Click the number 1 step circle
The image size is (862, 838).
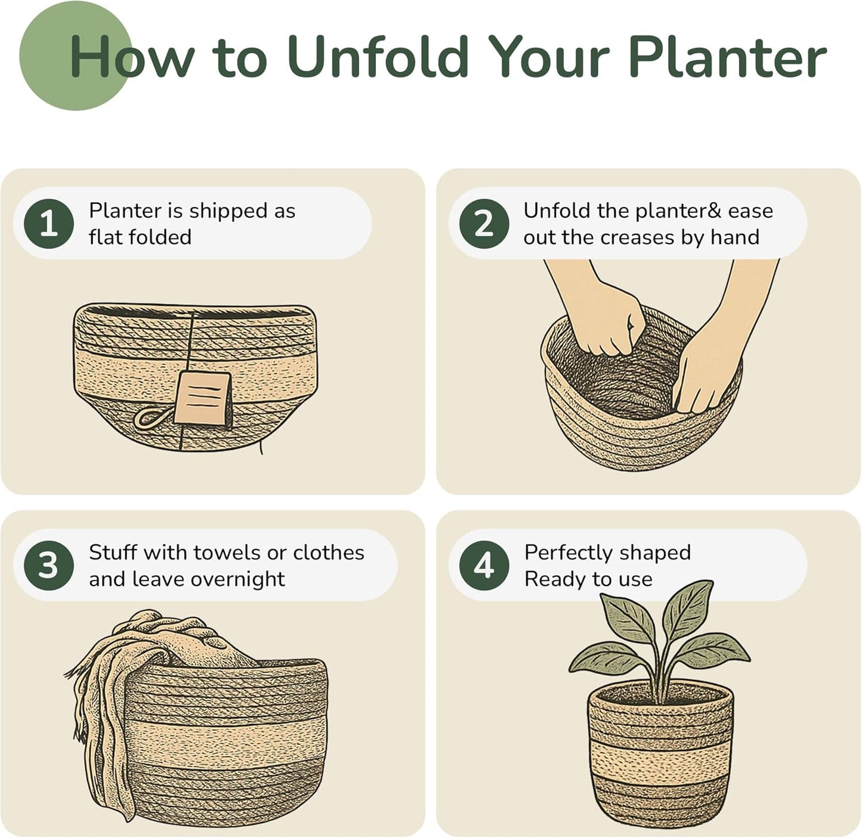click(x=49, y=224)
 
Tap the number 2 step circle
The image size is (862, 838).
click(x=484, y=224)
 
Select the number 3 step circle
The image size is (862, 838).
click(x=49, y=565)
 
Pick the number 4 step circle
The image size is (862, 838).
click(x=484, y=565)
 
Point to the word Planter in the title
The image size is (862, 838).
click(x=727, y=57)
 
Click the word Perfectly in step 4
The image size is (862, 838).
click(x=569, y=553)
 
